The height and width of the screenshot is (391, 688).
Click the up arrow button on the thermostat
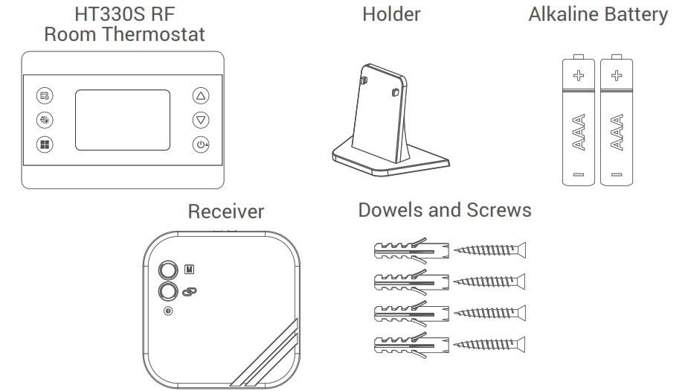[202, 95]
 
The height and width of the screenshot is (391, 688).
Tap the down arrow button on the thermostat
[202, 120]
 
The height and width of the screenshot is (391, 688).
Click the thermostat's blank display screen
[123, 120]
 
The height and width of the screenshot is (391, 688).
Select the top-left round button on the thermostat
[45, 95]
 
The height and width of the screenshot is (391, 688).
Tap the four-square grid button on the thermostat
[45, 144]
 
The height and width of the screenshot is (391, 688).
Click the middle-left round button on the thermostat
[45, 120]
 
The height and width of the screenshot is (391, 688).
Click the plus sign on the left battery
[579, 75]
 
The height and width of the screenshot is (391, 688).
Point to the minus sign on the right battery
[616, 175]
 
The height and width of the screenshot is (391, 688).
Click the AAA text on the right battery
[616, 133]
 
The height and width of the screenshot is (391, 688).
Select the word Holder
[391, 14]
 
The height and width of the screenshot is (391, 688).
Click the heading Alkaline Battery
[598, 14]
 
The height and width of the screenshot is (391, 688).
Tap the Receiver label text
[225, 212]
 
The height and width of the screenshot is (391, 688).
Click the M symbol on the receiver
[189, 270]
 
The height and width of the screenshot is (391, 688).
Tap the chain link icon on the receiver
[189, 291]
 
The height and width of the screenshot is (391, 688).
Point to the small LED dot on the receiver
[168, 311]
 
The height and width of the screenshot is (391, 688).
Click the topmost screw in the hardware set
[491, 249]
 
